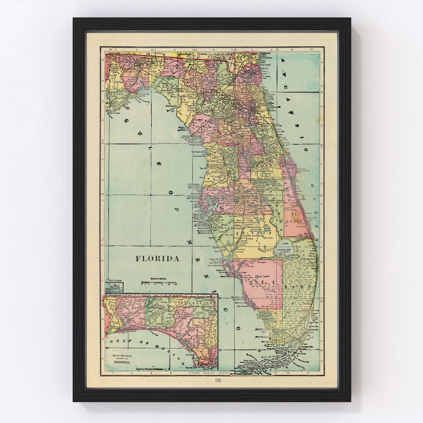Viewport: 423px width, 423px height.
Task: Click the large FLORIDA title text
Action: [x=158, y=259]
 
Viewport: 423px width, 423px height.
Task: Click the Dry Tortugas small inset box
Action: [x=115, y=286]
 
